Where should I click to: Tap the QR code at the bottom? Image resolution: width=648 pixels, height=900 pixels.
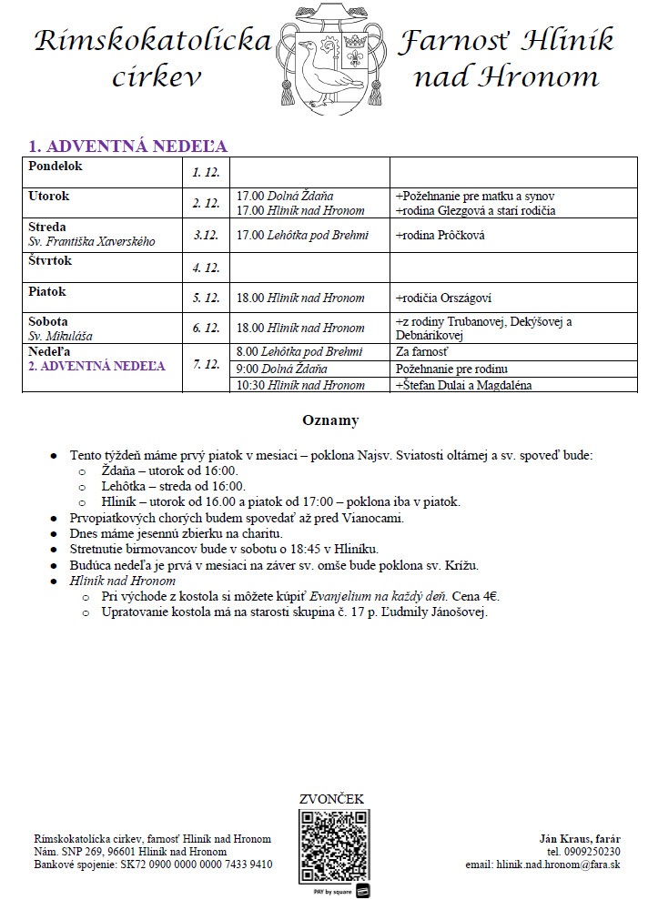(335, 845)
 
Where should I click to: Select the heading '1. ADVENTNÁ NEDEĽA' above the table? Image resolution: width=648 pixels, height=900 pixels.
(127, 147)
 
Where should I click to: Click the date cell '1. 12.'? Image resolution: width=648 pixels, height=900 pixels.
(206, 172)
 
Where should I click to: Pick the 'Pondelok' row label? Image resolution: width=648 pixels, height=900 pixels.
(56, 167)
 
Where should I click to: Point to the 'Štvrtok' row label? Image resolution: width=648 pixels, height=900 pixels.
(50, 261)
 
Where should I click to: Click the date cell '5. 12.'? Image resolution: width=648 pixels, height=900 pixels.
(206, 298)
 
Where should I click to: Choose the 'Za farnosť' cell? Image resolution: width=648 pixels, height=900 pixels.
(421, 351)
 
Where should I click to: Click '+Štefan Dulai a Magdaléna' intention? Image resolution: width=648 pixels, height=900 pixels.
(463, 385)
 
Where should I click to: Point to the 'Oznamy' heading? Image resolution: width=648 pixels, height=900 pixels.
(330, 420)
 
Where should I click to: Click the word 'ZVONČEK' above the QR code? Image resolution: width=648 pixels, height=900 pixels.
(332, 799)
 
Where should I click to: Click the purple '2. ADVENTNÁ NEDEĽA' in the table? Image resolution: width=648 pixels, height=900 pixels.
(96, 366)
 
